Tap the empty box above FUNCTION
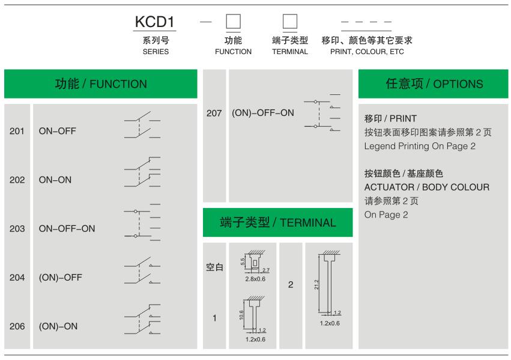coord(233,22)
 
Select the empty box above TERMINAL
coord(290,22)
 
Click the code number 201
coord(17,131)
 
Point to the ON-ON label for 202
coord(55,180)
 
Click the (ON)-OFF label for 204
coord(61,278)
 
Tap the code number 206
coord(17,326)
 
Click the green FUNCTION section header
coord(101,84)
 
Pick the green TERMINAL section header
coord(277,223)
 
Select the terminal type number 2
coord(291,285)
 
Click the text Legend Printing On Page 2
coord(420,146)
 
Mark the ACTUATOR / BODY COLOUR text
coord(426,187)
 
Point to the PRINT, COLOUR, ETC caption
coord(367,52)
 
